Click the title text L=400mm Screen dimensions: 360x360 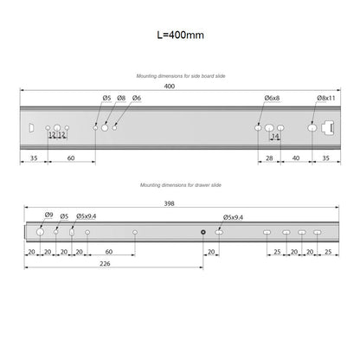[x=180, y=35]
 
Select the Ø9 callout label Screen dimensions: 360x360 [x=49, y=215]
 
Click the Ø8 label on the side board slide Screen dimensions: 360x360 [x=121, y=100]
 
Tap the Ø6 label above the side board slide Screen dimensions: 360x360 [x=137, y=100]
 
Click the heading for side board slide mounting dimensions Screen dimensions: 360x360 [x=180, y=76]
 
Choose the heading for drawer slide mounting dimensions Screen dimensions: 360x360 [x=180, y=185]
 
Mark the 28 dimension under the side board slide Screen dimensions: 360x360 [x=269, y=158]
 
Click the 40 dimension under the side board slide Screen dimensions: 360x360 [x=296, y=158]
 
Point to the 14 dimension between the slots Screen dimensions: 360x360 [x=275, y=136]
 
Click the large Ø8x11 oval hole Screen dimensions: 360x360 [x=312, y=127]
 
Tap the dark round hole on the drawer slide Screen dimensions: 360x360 [x=202, y=232]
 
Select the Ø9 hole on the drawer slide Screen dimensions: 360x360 [x=39, y=232]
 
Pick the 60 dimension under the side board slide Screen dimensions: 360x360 [x=70, y=158]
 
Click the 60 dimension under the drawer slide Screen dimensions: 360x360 [x=108, y=252]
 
